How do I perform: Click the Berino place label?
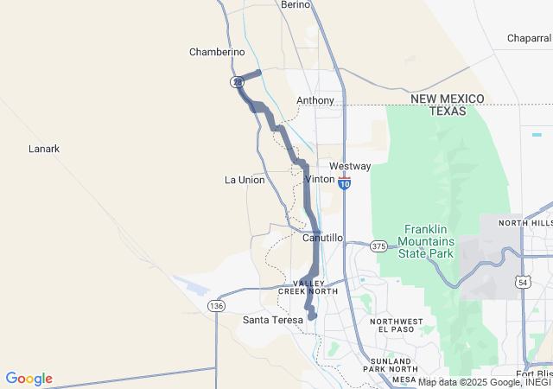(296, 4)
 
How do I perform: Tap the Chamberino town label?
(217, 52)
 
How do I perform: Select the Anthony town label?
(315, 100)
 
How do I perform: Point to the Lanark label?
(44, 149)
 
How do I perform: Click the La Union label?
(245, 180)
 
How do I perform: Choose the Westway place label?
(350, 166)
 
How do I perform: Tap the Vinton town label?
(320, 179)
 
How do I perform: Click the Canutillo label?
(324, 237)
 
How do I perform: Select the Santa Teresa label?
(273, 320)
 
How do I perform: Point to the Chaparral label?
(529, 38)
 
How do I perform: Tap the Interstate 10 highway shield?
(345, 184)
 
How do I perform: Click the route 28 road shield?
(237, 81)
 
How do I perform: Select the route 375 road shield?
(379, 246)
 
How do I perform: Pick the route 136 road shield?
(215, 306)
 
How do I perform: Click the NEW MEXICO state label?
(448, 99)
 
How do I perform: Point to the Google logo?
(29, 379)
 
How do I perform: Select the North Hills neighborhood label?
(524, 223)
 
